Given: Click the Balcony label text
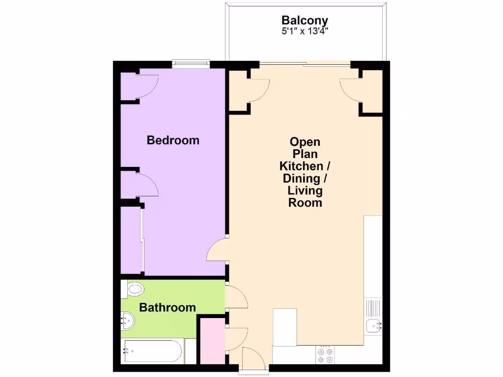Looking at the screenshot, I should pos(305,21).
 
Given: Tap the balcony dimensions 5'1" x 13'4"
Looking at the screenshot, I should pos(305,30).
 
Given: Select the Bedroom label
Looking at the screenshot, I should pos(173,140).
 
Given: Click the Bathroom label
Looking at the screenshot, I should pos(168,308).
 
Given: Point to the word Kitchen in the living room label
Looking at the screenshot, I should pos(302,166).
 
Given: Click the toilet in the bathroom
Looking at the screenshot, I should pos(134,289).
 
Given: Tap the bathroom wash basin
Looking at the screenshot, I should pos(128,322).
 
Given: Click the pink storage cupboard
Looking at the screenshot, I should pos(212,341).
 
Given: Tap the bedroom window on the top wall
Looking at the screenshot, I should pos(191,62).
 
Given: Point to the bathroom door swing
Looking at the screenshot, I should pos(237,298).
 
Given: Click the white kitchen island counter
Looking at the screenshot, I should pos(285,327).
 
